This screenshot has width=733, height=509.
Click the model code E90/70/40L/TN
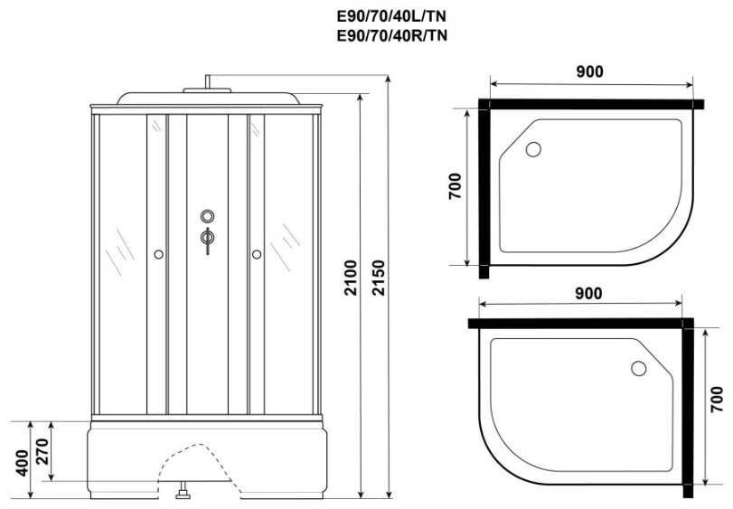(x=391, y=17)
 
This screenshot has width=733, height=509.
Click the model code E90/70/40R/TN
(x=391, y=35)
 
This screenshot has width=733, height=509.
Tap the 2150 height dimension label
(x=379, y=278)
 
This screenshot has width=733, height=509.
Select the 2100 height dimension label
(x=351, y=278)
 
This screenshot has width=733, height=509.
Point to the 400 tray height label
(x=22, y=463)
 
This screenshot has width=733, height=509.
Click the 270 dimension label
(x=42, y=451)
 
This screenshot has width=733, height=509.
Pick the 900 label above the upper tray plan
(x=589, y=71)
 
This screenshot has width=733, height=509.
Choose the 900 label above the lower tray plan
(x=588, y=294)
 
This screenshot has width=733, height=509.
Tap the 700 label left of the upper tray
(x=455, y=186)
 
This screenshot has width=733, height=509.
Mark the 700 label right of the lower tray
(x=717, y=399)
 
